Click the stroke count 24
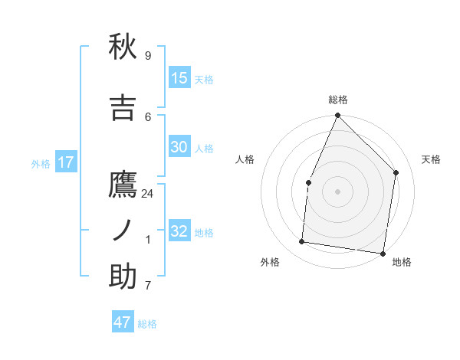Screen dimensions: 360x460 148,194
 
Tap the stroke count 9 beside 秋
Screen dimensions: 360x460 148,56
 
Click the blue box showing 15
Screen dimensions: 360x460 179,78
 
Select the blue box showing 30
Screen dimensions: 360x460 179,147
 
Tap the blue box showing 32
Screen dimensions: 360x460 179,231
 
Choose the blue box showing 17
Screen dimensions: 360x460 65,162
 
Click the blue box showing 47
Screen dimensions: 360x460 123,322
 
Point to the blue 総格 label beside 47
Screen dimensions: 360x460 147,324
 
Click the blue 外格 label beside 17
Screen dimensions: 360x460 41,163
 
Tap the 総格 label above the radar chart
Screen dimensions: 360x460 338,100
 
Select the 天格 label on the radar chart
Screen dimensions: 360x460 432,159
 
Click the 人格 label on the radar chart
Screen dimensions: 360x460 245,159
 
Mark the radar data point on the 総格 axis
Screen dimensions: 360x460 337,116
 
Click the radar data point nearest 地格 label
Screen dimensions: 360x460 383,253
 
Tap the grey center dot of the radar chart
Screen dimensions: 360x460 337,191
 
